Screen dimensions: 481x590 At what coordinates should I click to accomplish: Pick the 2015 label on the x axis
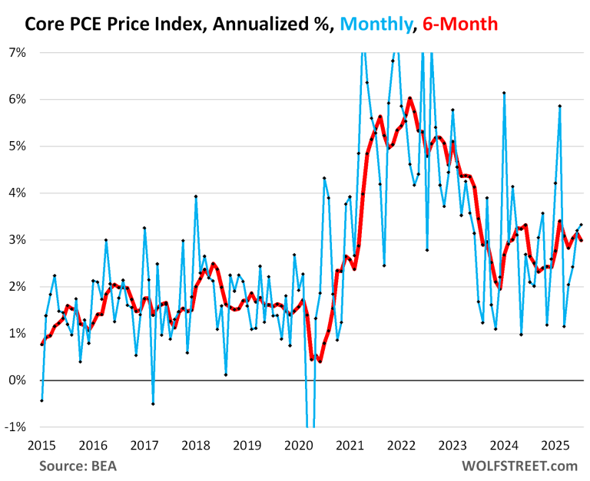(x=41, y=445)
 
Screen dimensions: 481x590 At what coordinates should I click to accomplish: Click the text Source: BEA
(x=81, y=466)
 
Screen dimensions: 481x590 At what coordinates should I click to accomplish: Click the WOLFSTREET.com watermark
(x=519, y=466)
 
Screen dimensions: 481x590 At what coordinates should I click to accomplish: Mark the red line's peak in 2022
(x=409, y=98)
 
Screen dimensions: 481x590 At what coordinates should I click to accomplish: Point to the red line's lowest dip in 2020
(x=320, y=361)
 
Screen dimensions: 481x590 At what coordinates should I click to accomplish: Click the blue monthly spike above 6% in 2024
(x=504, y=93)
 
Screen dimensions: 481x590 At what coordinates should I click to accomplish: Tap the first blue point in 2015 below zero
(x=41, y=400)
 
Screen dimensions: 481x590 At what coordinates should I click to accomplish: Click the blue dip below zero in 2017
(x=153, y=404)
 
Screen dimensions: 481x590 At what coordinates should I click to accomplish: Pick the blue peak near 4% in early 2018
(x=196, y=196)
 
